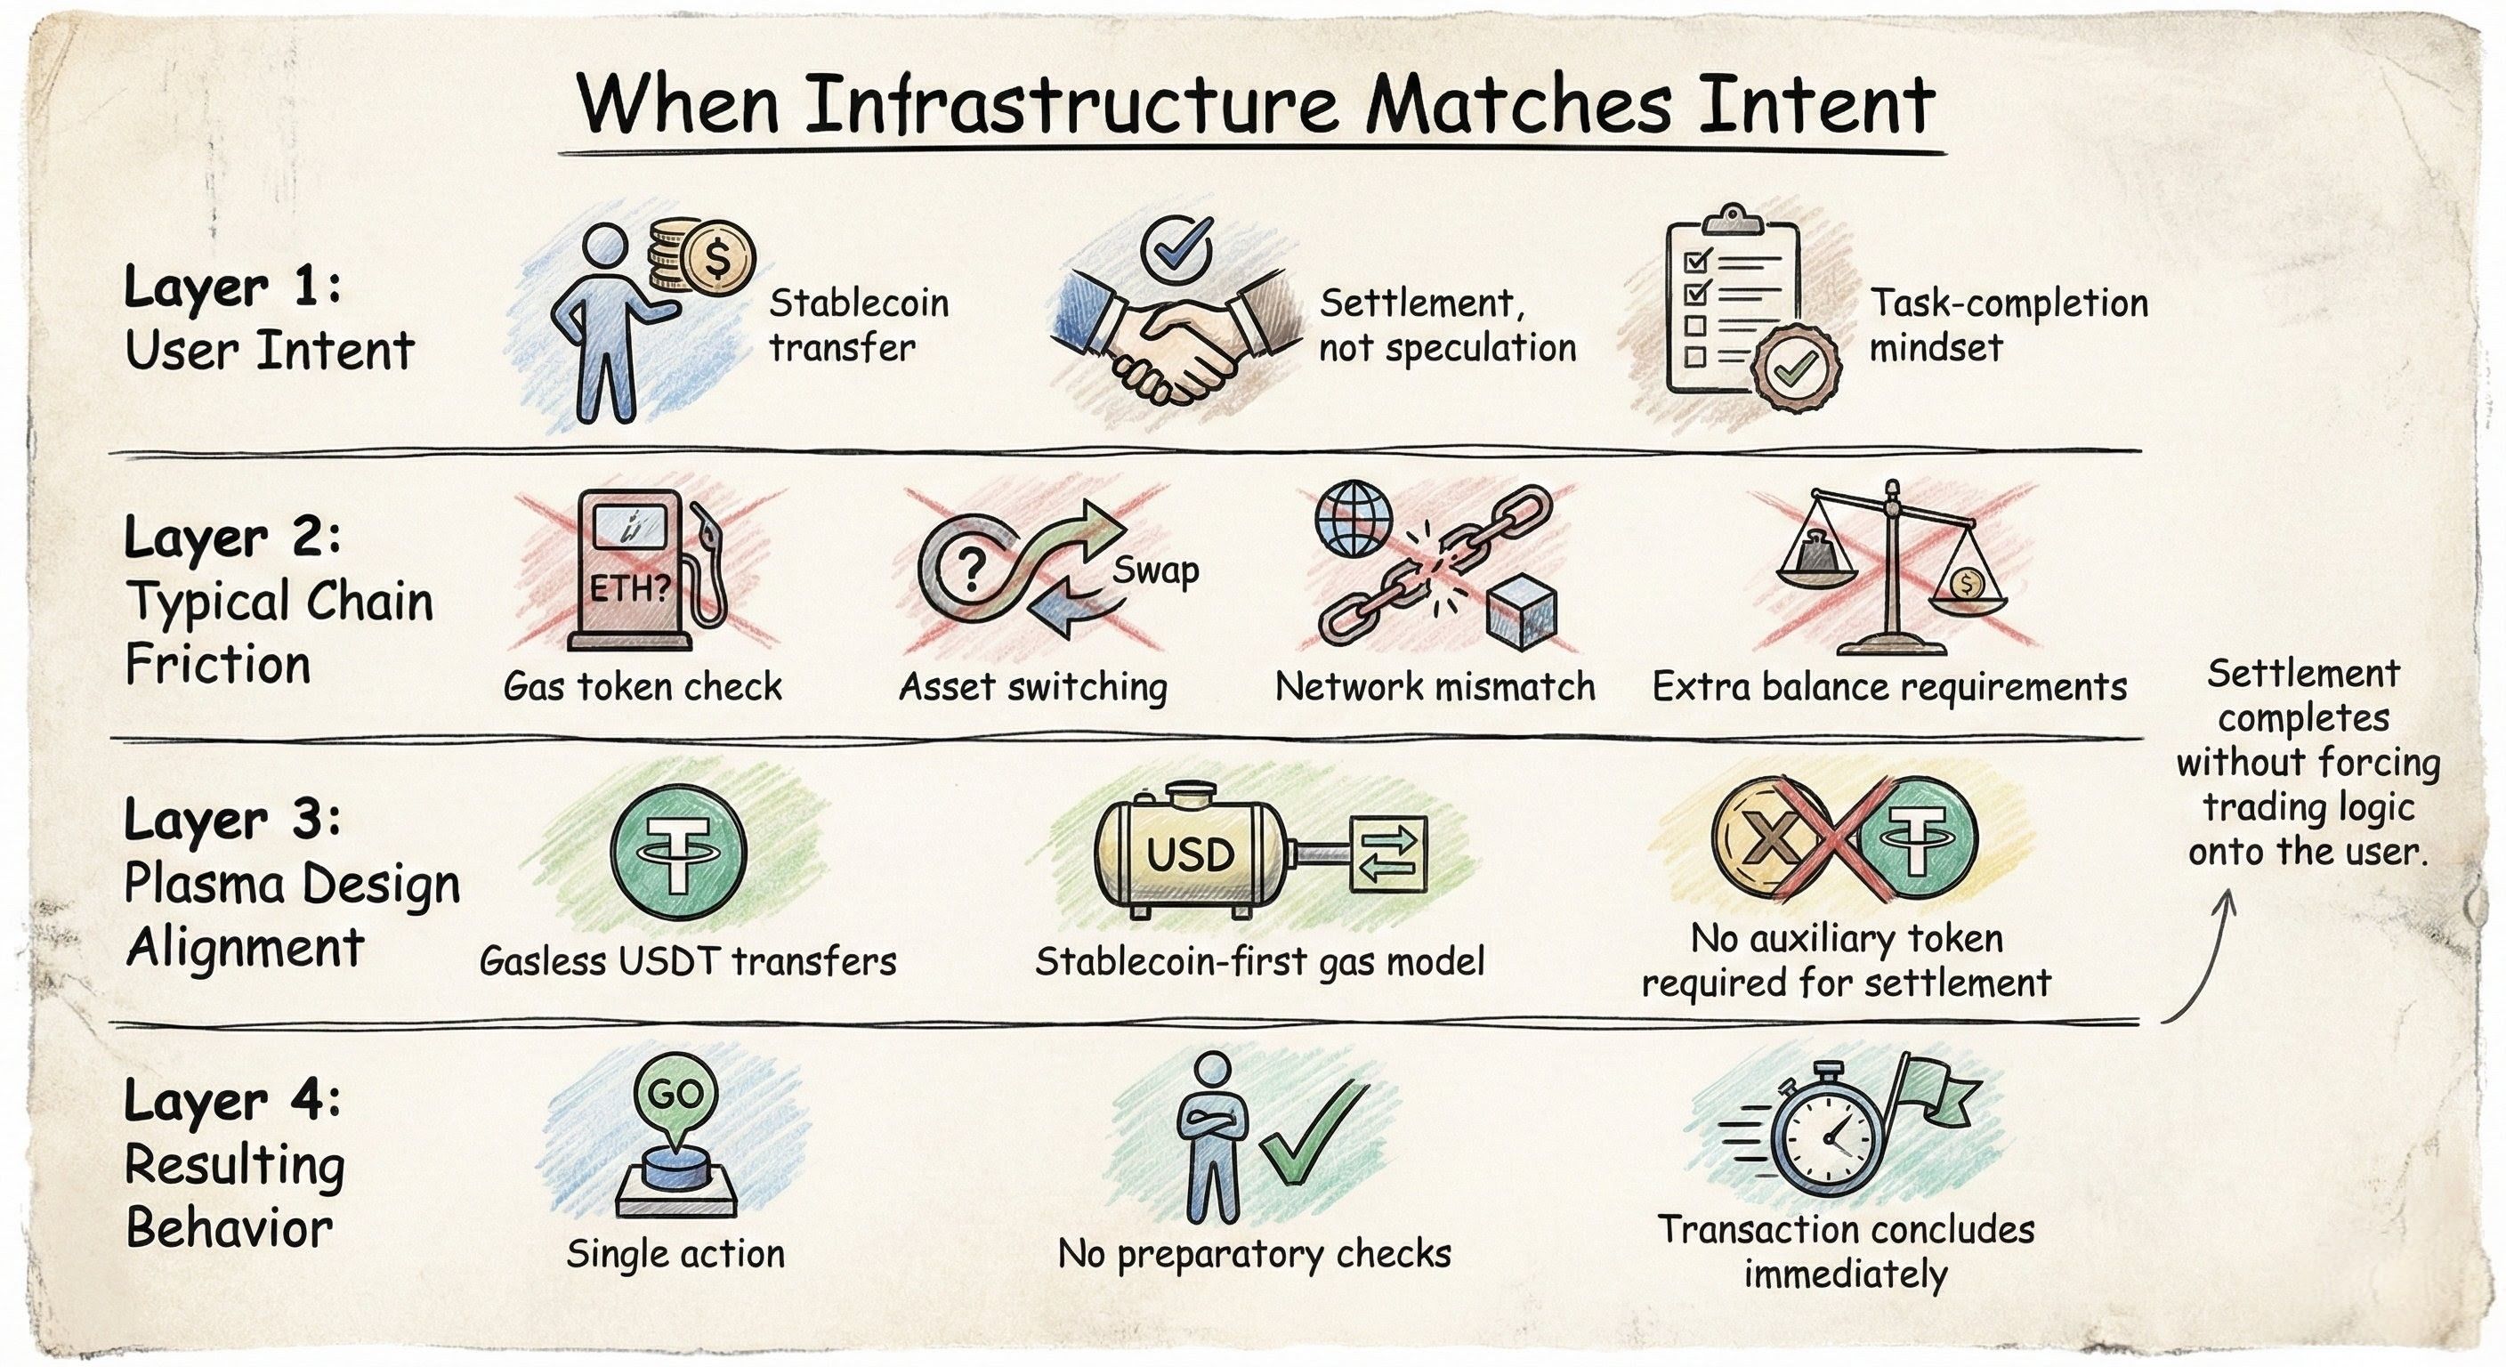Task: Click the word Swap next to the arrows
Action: (x=1156, y=570)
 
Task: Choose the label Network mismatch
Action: (x=1435, y=687)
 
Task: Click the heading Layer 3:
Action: (x=232, y=821)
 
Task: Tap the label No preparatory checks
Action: (x=1254, y=1253)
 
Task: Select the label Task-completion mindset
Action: (x=2008, y=325)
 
